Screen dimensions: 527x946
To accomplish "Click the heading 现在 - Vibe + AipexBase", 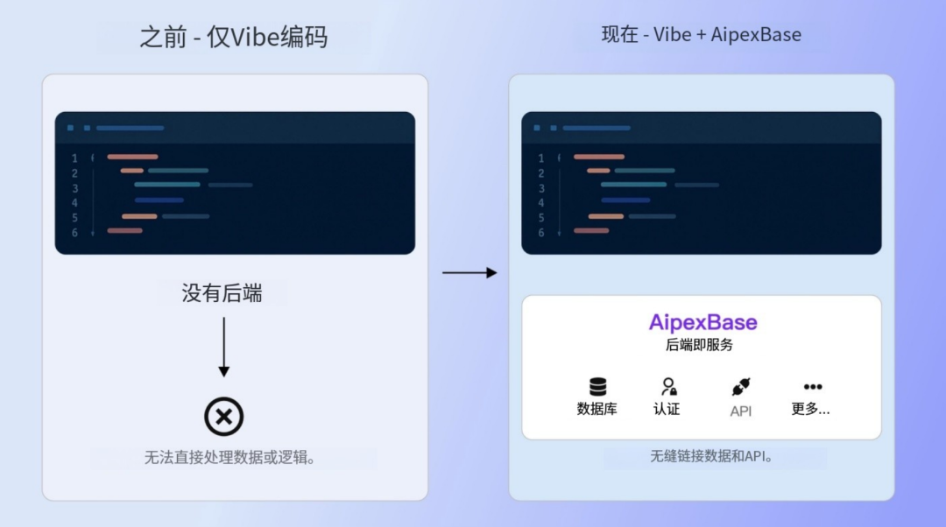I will tap(701, 35).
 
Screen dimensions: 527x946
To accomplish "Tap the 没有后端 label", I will tap(222, 293).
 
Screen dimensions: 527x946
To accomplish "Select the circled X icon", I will tap(223, 417).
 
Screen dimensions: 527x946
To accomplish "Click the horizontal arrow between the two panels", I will tap(469, 273).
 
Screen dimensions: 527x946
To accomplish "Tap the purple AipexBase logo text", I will tap(702, 322).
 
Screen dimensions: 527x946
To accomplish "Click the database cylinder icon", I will tap(597, 387).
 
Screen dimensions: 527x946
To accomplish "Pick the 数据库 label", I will tap(597, 409).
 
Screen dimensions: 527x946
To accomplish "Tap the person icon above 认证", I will tap(668, 387).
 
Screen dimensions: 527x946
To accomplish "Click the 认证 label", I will tap(667, 409).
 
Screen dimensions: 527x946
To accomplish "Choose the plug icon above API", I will tap(741, 387).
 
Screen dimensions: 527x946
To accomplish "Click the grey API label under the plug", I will tap(740, 411).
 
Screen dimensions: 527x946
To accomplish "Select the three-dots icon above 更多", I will tap(813, 387).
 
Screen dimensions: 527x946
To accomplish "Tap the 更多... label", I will tap(810, 409).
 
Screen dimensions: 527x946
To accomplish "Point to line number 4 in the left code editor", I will tap(74, 202).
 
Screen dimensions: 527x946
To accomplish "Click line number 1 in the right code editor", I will tap(541, 158).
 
